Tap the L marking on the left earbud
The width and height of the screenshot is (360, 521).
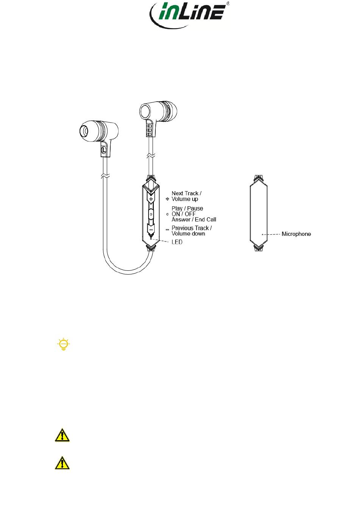coord(103,150)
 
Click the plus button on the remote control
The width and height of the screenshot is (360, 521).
coord(151,199)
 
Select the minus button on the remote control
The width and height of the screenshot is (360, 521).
coord(151,230)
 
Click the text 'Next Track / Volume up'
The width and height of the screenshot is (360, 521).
coord(186,196)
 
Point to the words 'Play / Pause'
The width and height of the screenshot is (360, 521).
coord(187,208)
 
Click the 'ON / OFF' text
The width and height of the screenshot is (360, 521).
coord(183,214)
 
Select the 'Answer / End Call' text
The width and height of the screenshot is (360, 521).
coord(194,220)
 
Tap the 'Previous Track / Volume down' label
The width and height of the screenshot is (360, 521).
coord(191,231)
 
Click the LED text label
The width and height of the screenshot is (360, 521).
coord(177,242)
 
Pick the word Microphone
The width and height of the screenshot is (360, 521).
coord(296,234)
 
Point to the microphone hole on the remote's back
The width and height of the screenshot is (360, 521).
coord(262,234)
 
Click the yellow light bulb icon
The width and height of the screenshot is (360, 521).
coord(63,344)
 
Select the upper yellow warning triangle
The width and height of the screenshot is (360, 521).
coord(62,435)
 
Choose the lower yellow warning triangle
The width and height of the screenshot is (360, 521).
coord(62,463)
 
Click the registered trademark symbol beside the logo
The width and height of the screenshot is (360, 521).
coord(227,3)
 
